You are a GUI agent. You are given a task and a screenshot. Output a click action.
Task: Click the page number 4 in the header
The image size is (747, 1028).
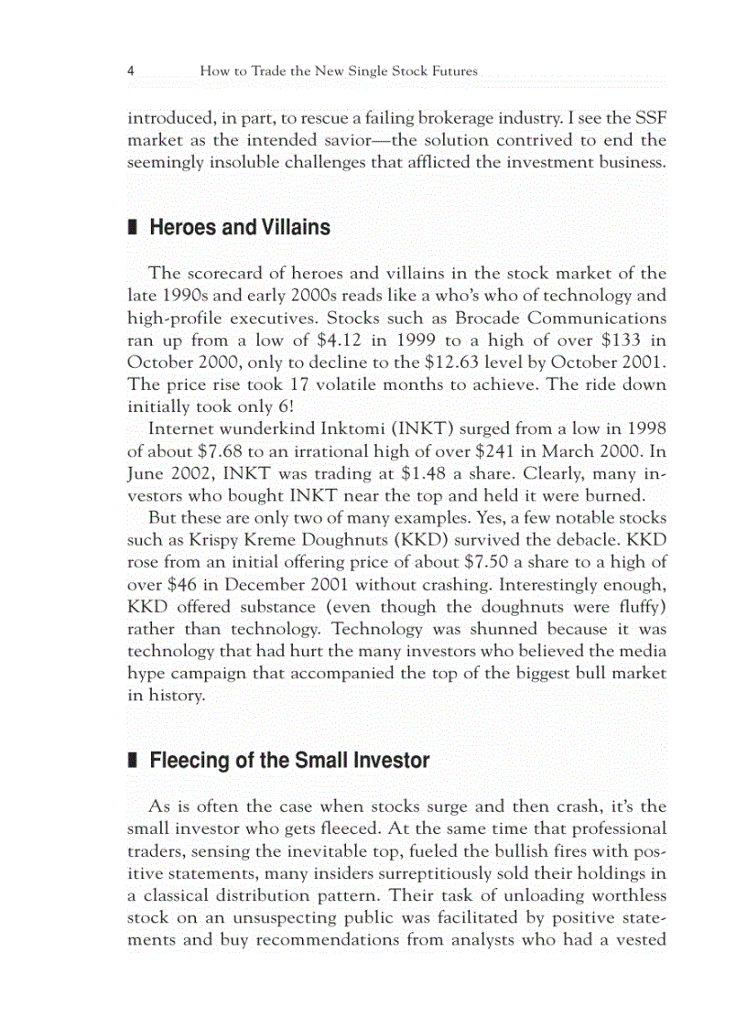pos(131,70)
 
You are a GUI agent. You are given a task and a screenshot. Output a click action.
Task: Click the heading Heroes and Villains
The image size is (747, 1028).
pos(239,227)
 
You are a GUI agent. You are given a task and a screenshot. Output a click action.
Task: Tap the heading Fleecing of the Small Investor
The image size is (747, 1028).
pos(288,760)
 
